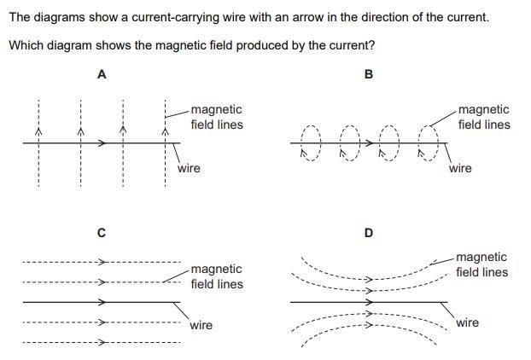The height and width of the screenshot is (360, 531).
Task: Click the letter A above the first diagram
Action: pyautogui.click(x=102, y=74)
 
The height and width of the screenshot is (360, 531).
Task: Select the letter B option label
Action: pyautogui.click(x=368, y=74)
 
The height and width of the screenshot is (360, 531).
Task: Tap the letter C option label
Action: pyautogui.click(x=101, y=233)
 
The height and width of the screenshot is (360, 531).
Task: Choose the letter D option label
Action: pyautogui.click(x=368, y=233)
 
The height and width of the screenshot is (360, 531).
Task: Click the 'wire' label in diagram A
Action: pyautogui.click(x=189, y=168)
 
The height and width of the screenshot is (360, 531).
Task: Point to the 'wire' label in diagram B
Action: pyautogui.click(x=460, y=168)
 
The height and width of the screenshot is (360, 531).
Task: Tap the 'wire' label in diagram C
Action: pyautogui.click(x=201, y=325)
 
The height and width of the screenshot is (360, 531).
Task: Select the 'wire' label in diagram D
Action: pyautogui.click(x=467, y=322)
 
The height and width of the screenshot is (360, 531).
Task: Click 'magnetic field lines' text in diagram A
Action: pyautogui.click(x=217, y=117)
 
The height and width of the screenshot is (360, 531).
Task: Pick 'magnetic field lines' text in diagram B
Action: pyautogui.click(x=484, y=117)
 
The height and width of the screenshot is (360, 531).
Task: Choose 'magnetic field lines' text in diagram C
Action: pyautogui.click(x=217, y=276)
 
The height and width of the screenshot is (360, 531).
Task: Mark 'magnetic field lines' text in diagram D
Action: pyautogui.click(x=481, y=264)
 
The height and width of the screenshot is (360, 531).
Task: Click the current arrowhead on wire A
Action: pyautogui.click(x=102, y=143)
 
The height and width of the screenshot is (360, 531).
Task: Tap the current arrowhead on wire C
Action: pyautogui.click(x=102, y=302)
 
